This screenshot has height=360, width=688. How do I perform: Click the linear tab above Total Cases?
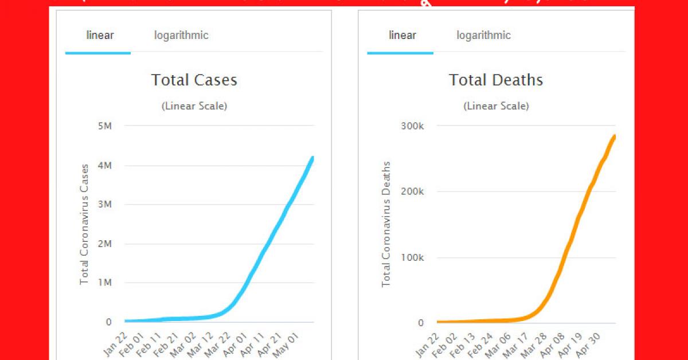click(x=100, y=36)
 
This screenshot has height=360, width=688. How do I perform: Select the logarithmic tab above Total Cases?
click(x=181, y=36)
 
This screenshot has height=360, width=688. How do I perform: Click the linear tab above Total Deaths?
click(x=402, y=36)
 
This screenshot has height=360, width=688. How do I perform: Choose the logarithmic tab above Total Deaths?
click(x=483, y=36)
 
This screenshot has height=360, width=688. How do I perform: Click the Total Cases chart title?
click(x=194, y=80)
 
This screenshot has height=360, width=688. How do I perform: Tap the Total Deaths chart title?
click(x=496, y=80)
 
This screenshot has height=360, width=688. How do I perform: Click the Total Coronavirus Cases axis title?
click(x=84, y=224)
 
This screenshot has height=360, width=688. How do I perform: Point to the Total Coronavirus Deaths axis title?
click(x=386, y=224)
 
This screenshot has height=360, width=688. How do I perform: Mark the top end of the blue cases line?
click(x=312, y=158)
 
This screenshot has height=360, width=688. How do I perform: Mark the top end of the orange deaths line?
click(x=615, y=136)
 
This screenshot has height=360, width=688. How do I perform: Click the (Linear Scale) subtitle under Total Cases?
click(x=194, y=106)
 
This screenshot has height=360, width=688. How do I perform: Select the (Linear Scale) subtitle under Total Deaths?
click(x=496, y=106)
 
